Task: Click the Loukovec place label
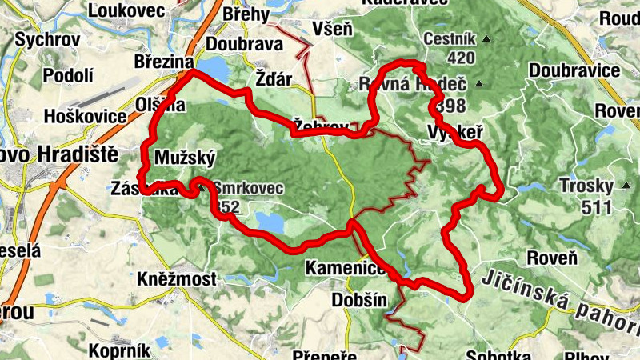[x=127, y=10]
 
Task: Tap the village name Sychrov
[x=44, y=38]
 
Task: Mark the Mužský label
[x=185, y=156]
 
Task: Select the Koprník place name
[x=116, y=350]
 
